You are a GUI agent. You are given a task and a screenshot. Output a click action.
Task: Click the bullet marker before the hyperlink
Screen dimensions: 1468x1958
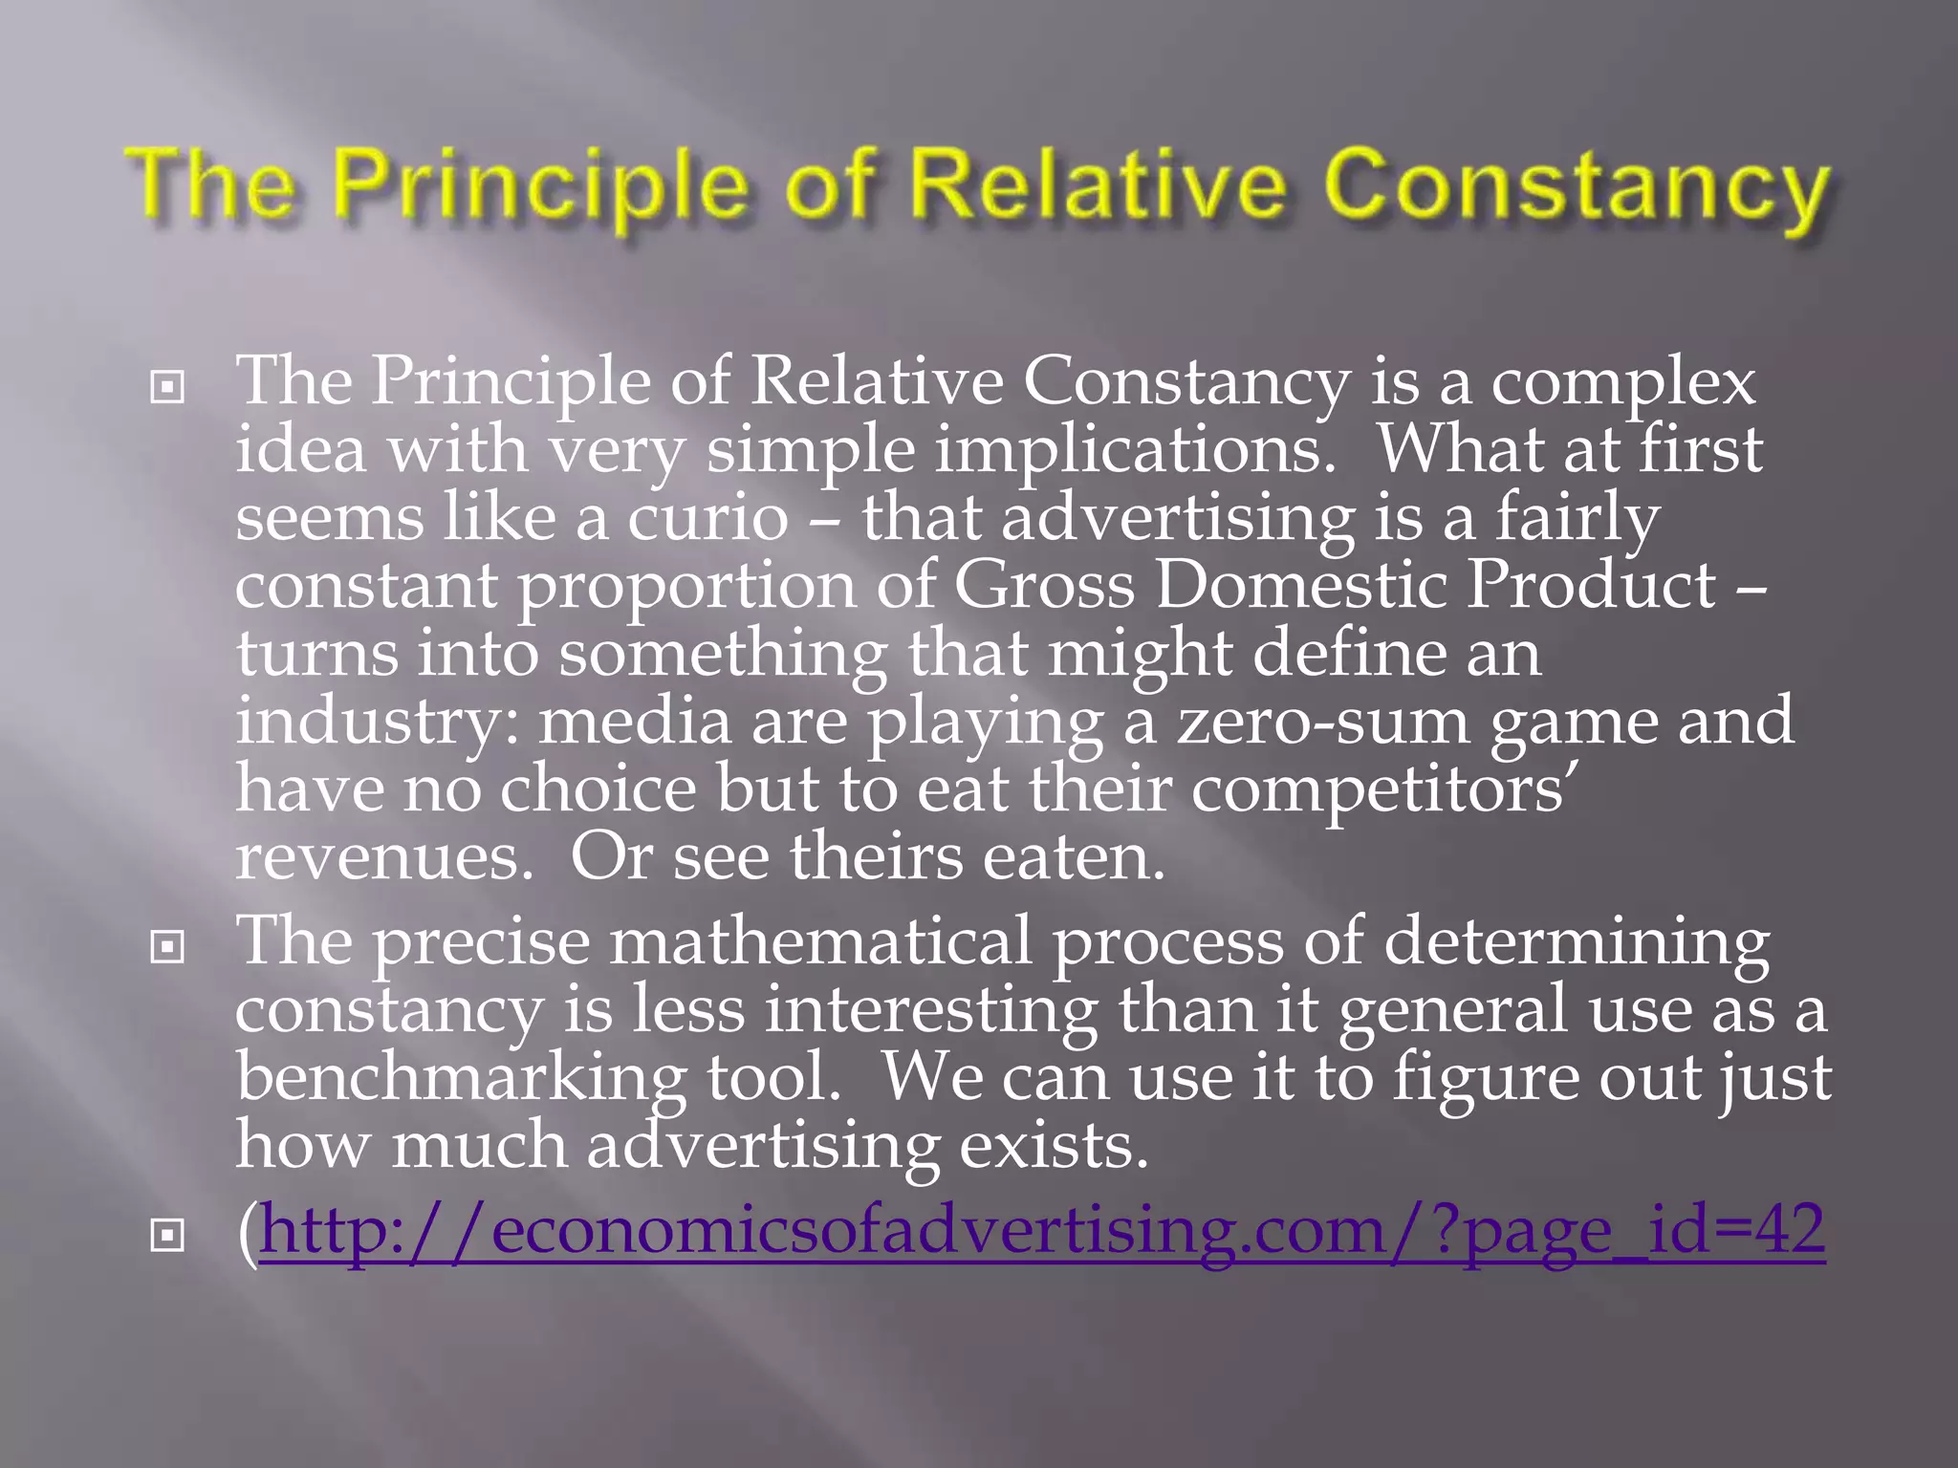pos(167,1236)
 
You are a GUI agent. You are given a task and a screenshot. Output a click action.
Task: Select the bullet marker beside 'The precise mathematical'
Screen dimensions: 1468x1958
pos(167,947)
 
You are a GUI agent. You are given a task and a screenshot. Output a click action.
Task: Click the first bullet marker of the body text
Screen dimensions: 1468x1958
pos(167,387)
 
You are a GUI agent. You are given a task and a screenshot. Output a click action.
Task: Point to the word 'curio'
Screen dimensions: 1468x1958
pos(707,518)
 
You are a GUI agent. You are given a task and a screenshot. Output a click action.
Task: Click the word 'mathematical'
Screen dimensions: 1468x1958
pos(821,941)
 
